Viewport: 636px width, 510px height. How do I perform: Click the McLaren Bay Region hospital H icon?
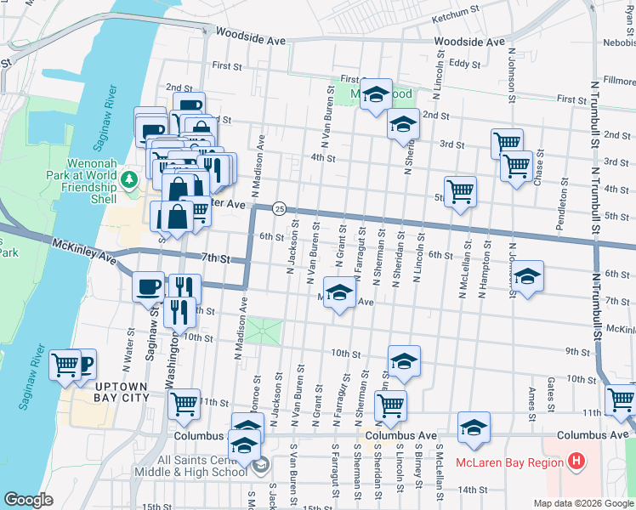pyautogui.click(x=576, y=462)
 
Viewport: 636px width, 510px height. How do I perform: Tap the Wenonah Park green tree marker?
pyautogui.click(x=128, y=179)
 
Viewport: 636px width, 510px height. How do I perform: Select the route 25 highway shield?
pyautogui.click(x=279, y=208)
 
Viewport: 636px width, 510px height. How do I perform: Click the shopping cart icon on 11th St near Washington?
pyautogui.click(x=183, y=404)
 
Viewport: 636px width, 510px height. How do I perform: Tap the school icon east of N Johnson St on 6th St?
pyautogui.click(x=527, y=275)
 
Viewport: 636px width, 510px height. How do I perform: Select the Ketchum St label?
pyautogui.click(x=457, y=17)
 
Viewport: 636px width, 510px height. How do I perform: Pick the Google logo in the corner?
pyautogui.click(x=28, y=500)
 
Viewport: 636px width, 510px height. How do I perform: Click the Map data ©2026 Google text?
pyautogui.click(x=582, y=503)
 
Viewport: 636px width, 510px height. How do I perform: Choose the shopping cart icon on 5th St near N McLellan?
pyautogui.click(x=460, y=190)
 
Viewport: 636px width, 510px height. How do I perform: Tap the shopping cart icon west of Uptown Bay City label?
pyautogui.click(x=65, y=365)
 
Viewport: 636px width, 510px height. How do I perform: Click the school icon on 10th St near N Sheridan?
pyautogui.click(x=404, y=360)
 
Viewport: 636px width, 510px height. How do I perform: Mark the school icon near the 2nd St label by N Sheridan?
pyautogui.click(x=402, y=124)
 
